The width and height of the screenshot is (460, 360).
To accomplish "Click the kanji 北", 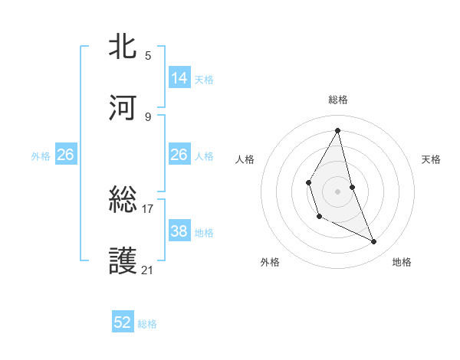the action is point(124,47).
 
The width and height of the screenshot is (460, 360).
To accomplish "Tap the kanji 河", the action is point(124,109).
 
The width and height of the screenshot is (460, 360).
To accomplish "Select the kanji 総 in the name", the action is point(124,201).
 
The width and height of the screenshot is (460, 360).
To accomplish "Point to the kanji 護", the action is point(124,261).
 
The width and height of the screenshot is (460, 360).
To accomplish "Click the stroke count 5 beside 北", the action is point(148,55).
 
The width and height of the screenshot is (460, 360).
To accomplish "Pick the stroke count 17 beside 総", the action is point(148,208).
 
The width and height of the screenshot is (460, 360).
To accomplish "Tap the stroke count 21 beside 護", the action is point(148,270).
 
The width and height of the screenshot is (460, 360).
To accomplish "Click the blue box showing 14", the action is point(179,78).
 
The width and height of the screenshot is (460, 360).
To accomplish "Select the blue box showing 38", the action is point(179,231).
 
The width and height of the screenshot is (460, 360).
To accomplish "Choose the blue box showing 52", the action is point(123,323).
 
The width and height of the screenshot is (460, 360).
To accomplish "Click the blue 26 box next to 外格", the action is point(65,155).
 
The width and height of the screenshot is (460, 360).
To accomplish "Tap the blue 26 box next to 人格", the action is point(179,155).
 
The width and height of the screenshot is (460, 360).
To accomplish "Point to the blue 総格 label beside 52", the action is point(147,324).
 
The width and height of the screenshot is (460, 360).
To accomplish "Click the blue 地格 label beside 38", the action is point(204,232).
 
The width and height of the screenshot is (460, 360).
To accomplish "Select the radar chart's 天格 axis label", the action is point(432,159).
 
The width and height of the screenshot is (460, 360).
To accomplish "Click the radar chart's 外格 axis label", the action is point(270,262).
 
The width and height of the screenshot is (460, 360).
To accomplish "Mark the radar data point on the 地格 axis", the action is point(374,241).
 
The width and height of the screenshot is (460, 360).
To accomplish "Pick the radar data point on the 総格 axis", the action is point(338,130).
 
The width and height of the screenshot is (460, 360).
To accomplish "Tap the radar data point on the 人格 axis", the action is point(308,182).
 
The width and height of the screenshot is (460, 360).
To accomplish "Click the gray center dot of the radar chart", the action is point(338,191).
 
